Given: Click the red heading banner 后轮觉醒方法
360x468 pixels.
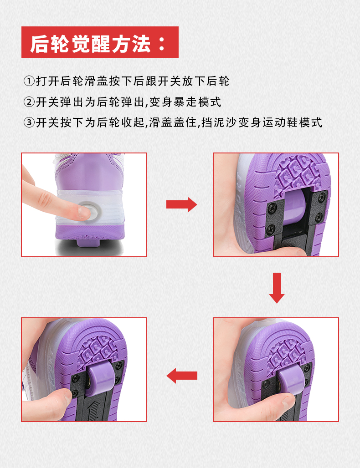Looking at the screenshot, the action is coord(100,42).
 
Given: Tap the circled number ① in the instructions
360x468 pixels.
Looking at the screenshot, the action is coord(29,81).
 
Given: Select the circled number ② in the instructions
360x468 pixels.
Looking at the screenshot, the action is coord(29,102).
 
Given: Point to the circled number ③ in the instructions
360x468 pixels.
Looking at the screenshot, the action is coord(29,122).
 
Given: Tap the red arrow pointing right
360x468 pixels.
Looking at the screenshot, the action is coord(182,204).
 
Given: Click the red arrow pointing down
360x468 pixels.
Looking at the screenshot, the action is coord(277,288).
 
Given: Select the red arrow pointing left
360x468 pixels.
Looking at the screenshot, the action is coord(182,376).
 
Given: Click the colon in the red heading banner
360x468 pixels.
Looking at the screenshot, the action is coord(162,44).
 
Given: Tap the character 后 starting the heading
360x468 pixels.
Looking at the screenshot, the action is coord(40,44).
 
